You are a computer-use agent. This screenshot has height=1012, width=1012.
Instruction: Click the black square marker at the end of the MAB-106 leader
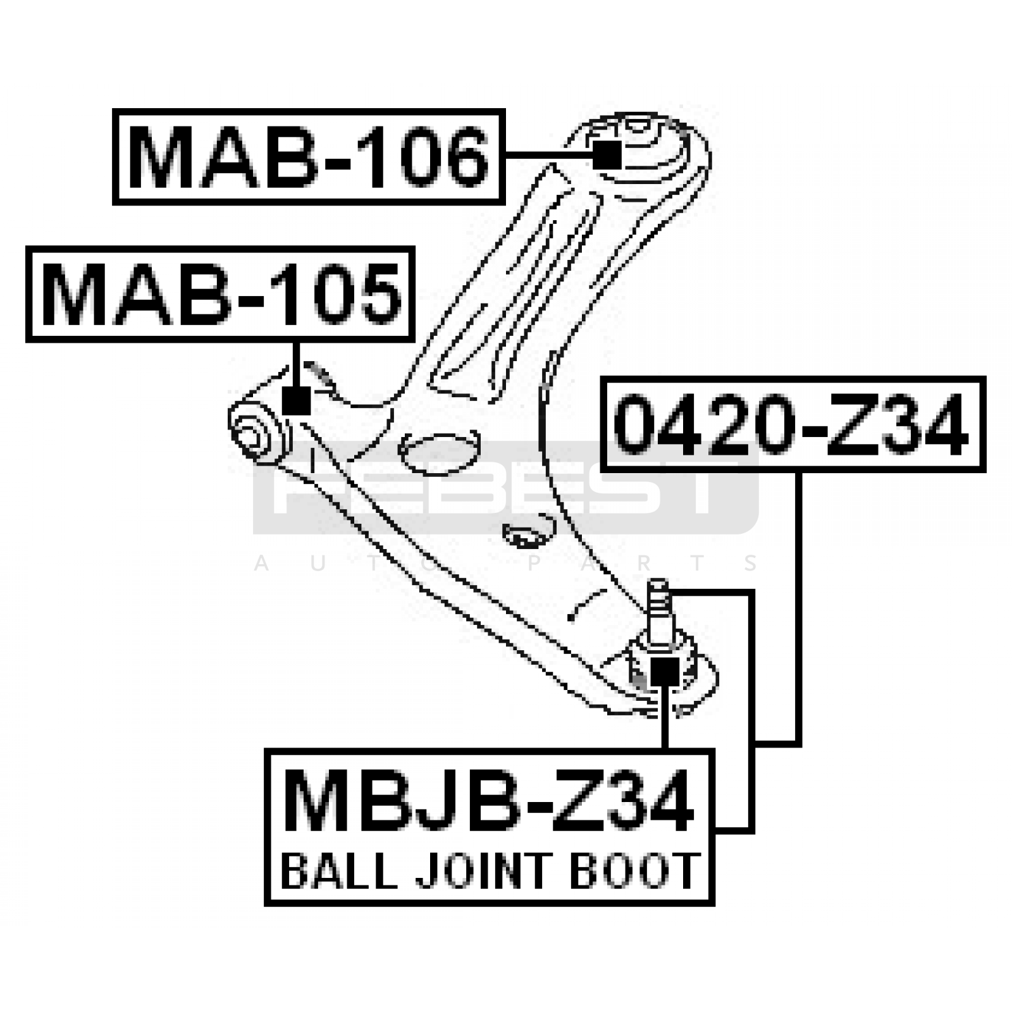[x=608, y=155]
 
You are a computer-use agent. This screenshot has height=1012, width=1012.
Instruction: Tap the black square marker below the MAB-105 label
[x=296, y=400]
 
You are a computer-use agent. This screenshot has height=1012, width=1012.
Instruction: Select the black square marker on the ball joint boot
[x=664, y=671]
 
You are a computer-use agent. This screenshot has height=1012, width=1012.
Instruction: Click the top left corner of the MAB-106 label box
[x=114, y=109]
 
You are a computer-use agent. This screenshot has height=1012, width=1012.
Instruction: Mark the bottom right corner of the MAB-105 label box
[x=414, y=341]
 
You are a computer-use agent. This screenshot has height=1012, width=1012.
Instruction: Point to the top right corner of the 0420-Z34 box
[x=985, y=378]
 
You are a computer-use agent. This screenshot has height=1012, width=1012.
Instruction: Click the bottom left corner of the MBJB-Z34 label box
[x=266, y=904]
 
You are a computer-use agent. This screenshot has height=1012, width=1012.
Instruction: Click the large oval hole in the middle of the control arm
[x=439, y=453]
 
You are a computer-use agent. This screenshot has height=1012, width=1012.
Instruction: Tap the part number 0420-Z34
[x=792, y=424]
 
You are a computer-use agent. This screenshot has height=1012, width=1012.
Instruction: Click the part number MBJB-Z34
[x=488, y=799]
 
